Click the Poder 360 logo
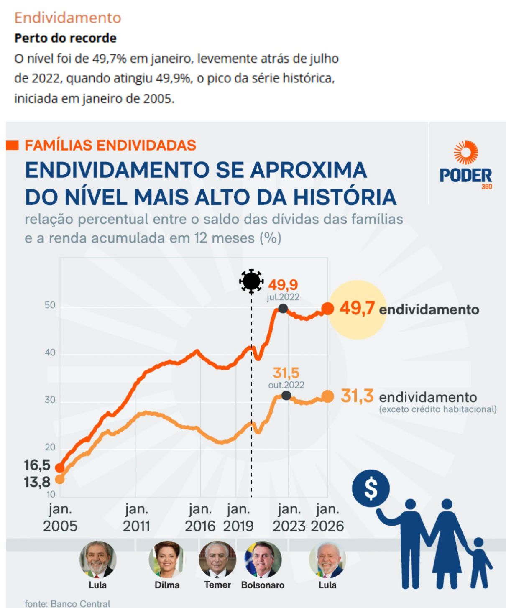465,165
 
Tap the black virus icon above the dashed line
251,281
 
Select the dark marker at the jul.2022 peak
283,309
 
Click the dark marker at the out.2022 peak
286,395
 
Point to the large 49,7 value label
357,309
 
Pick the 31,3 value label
357,396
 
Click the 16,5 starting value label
37,465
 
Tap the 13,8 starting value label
37,482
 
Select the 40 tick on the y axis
50,353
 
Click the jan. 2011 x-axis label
136,517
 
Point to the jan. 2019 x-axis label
238,517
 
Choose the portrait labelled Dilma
167,559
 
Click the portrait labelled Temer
217,559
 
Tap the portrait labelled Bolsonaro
263,559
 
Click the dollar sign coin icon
371,488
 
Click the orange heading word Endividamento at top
68,18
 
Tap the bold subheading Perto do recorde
65,38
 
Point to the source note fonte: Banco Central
67,603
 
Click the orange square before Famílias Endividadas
13,145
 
